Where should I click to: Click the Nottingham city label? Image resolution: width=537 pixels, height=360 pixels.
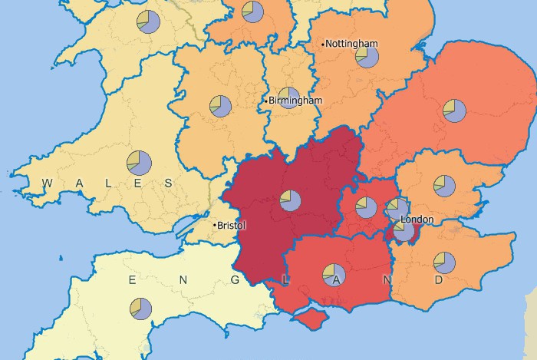coord(352,44)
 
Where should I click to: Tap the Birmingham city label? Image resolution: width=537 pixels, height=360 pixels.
coord(296,101)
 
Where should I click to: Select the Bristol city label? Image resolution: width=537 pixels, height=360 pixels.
coord(232,226)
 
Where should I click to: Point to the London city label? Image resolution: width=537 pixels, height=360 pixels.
coord(417,220)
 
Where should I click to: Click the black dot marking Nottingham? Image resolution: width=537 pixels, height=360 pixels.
coord(324,44)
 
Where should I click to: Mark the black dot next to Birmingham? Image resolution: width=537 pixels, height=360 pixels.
coord(266,101)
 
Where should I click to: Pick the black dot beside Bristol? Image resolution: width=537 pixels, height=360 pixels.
coord(214,225)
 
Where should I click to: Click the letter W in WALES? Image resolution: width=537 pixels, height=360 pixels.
coord(47,183)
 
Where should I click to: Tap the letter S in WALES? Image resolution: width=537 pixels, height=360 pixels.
coord(170,183)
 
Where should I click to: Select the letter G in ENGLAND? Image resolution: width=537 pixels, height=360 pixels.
coord(234,280)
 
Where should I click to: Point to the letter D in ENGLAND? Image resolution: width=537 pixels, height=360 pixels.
coord(439,280)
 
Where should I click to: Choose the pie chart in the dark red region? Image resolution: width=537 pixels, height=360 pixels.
coord(290,200)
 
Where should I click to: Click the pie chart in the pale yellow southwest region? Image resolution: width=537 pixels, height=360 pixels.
coord(141,309)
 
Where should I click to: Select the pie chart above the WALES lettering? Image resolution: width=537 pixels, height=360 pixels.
coord(140,162)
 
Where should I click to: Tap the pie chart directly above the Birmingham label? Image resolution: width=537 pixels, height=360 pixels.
coord(288,97)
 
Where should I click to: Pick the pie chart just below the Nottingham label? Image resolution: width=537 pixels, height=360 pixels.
coord(367,58)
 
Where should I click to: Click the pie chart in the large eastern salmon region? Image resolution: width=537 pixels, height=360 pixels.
coord(453,111)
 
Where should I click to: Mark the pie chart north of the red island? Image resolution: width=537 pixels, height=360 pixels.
coord(334,272)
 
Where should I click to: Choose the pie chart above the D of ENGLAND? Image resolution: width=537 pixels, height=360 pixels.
coord(444,263)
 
